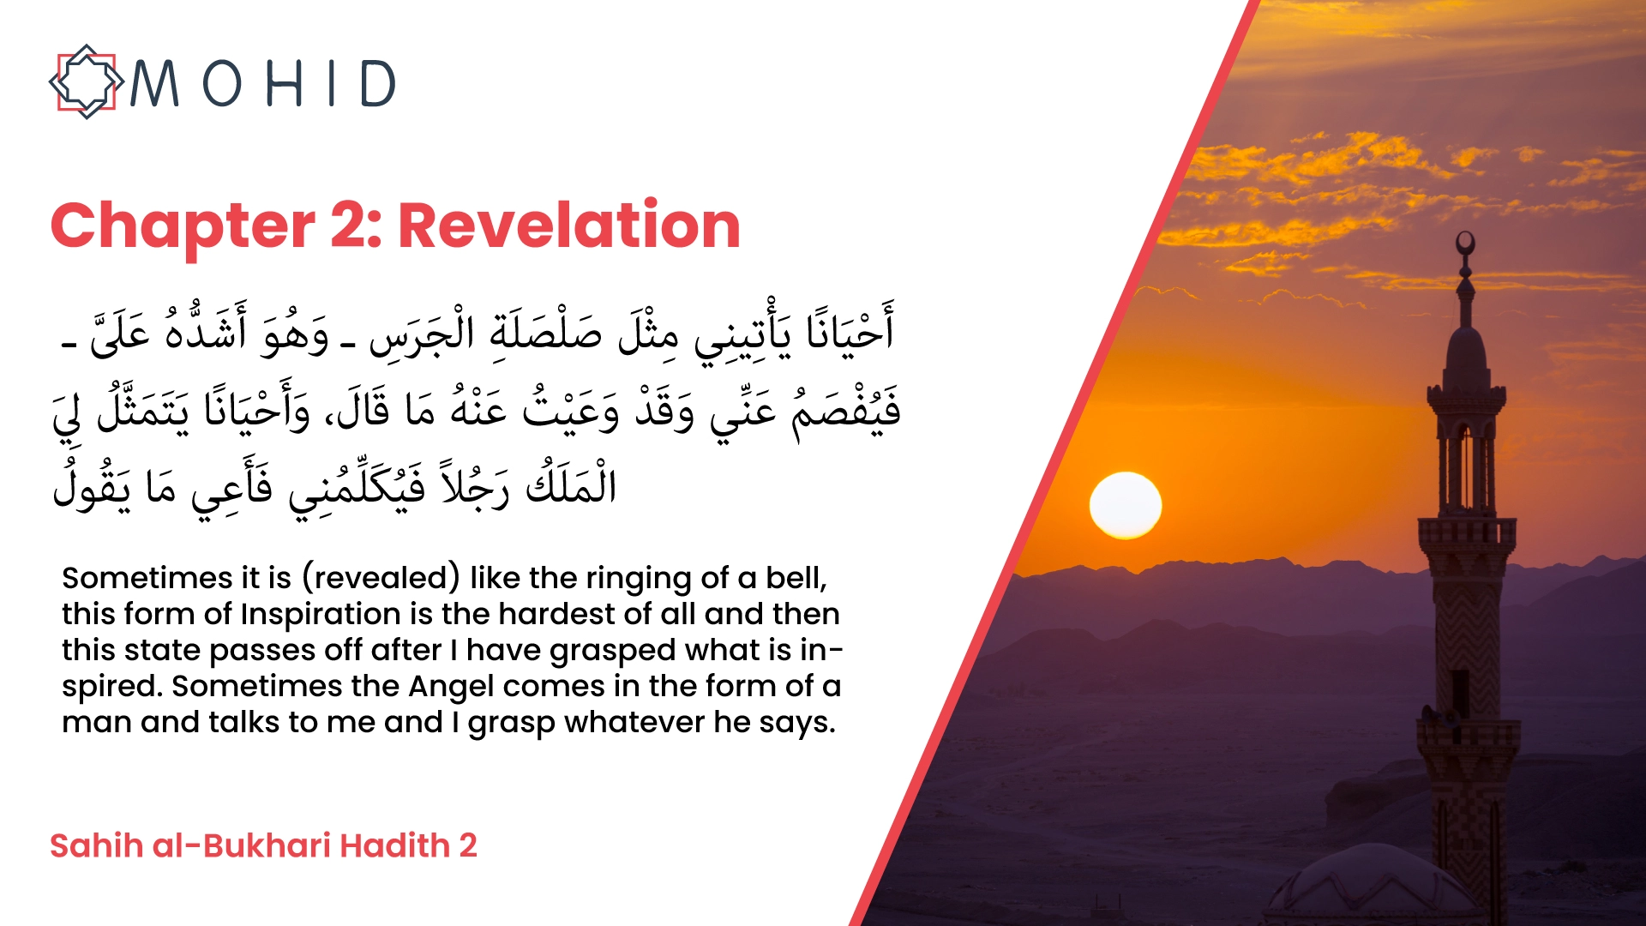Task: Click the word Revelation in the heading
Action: pyautogui.click(x=569, y=225)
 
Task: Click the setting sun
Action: pyautogui.click(x=1126, y=506)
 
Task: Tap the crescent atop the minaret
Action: pyautogui.click(x=1466, y=243)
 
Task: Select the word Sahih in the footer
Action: pyautogui.click(x=96, y=845)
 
